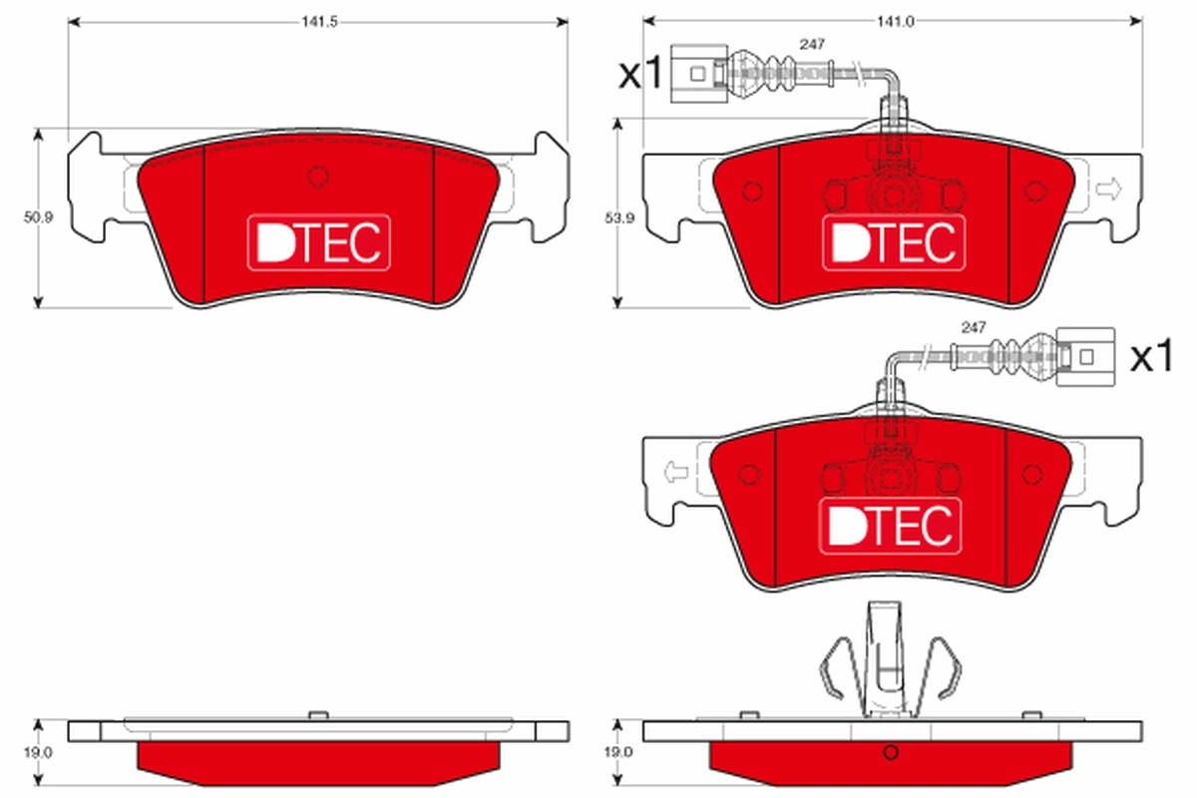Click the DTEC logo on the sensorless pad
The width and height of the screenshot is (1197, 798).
(x=318, y=241)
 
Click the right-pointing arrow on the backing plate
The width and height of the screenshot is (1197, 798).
(x=1107, y=188)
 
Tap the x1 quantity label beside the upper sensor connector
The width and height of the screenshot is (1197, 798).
(x=639, y=74)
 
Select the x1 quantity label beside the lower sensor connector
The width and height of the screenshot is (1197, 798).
(x=1152, y=356)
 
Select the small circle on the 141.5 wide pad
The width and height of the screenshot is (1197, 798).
(x=318, y=178)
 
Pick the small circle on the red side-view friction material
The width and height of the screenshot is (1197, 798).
(x=892, y=752)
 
